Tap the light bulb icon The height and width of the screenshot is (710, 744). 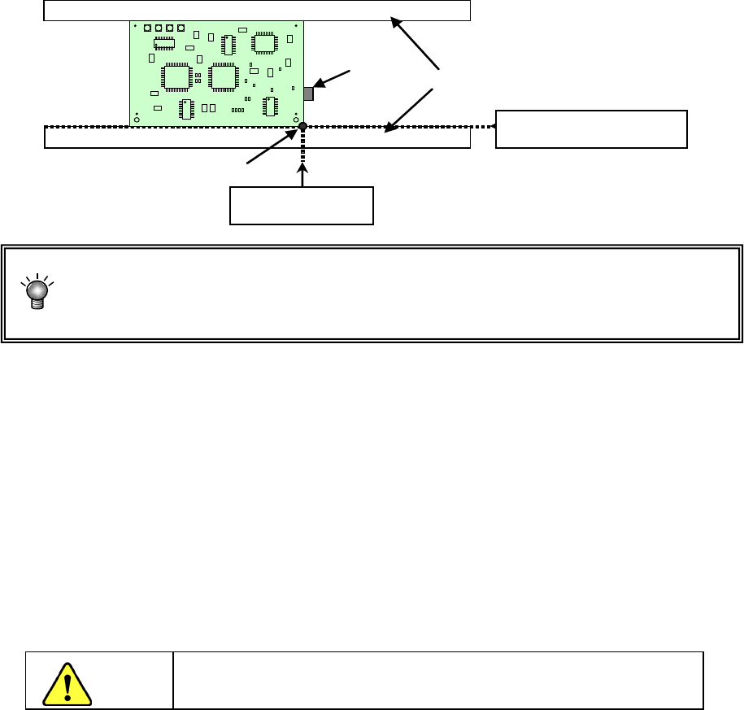[x=36, y=292]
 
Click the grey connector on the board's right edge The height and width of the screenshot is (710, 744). [x=308, y=94]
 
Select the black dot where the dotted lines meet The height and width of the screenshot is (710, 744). [x=302, y=127]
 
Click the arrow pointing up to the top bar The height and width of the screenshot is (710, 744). [x=416, y=44]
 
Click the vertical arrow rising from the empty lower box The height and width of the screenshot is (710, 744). [x=302, y=175]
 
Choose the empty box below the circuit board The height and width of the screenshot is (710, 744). [x=302, y=205]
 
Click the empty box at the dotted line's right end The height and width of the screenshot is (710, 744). [x=591, y=129]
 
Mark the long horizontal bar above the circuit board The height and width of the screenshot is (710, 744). [x=257, y=11]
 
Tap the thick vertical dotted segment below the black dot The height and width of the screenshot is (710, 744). [x=302, y=146]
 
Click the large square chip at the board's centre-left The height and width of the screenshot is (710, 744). [x=175, y=76]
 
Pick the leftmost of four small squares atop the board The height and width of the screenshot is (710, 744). [x=147, y=28]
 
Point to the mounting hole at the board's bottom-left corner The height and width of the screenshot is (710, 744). [x=137, y=120]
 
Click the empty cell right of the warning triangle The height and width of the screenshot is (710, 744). [x=437, y=680]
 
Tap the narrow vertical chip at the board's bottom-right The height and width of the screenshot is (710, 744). [x=270, y=107]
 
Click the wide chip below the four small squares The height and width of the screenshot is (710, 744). [x=165, y=42]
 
